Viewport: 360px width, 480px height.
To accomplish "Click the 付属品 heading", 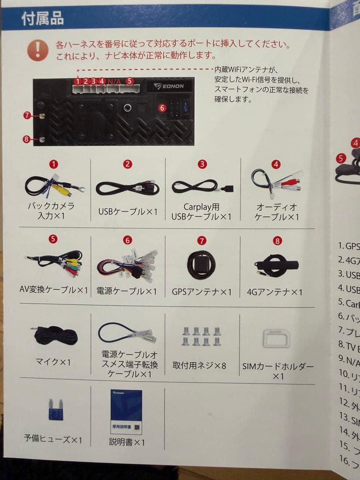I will pyautogui.click(x=43, y=18).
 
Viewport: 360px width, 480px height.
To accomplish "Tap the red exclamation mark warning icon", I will pyautogui.click(x=38, y=50).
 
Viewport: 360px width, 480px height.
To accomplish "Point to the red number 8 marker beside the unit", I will pyautogui.click(x=26, y=139).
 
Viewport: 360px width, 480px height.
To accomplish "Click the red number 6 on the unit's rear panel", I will pyautogui.click(x=162, y=108).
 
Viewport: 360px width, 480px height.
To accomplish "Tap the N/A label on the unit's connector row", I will pyautogui.click(x=114, y=81).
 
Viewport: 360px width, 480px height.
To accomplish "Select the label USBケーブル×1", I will pyautogui.click(x=128, y=212).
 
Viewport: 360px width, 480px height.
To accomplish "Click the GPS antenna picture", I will pyautogui.click(x=201, y=265).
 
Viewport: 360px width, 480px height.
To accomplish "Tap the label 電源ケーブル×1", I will pyautogui.click(x=127, y=292).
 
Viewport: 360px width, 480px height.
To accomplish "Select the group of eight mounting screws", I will pyautogui.click(x=201, y=336).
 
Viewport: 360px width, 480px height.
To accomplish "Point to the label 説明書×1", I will pyautogui.click(x=127, y=442).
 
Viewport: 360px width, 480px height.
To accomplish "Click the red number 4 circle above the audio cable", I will pyautogui.click(x=276, y=164).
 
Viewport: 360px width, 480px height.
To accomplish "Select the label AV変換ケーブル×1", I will pyautogui.click(x=54, y=290).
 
